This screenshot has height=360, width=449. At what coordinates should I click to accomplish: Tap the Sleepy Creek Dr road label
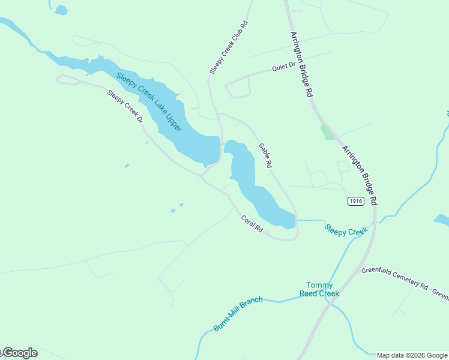[125, 106]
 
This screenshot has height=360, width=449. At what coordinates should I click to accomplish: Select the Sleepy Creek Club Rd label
[229, 48]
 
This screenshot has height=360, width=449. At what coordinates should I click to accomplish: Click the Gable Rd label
[265, 155]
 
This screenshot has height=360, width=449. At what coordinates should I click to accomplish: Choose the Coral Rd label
[252, 224]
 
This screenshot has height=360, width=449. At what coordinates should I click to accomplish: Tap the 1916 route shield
[355, 201]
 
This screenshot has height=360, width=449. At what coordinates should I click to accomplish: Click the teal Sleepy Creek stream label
[346, 230]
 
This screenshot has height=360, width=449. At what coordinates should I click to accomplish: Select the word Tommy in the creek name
[319, 285]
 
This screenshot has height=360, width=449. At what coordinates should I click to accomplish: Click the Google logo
[19, 353]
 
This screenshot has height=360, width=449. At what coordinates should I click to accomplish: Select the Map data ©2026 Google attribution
[412, 355]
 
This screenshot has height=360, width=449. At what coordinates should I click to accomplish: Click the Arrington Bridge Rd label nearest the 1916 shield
[360, 174]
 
